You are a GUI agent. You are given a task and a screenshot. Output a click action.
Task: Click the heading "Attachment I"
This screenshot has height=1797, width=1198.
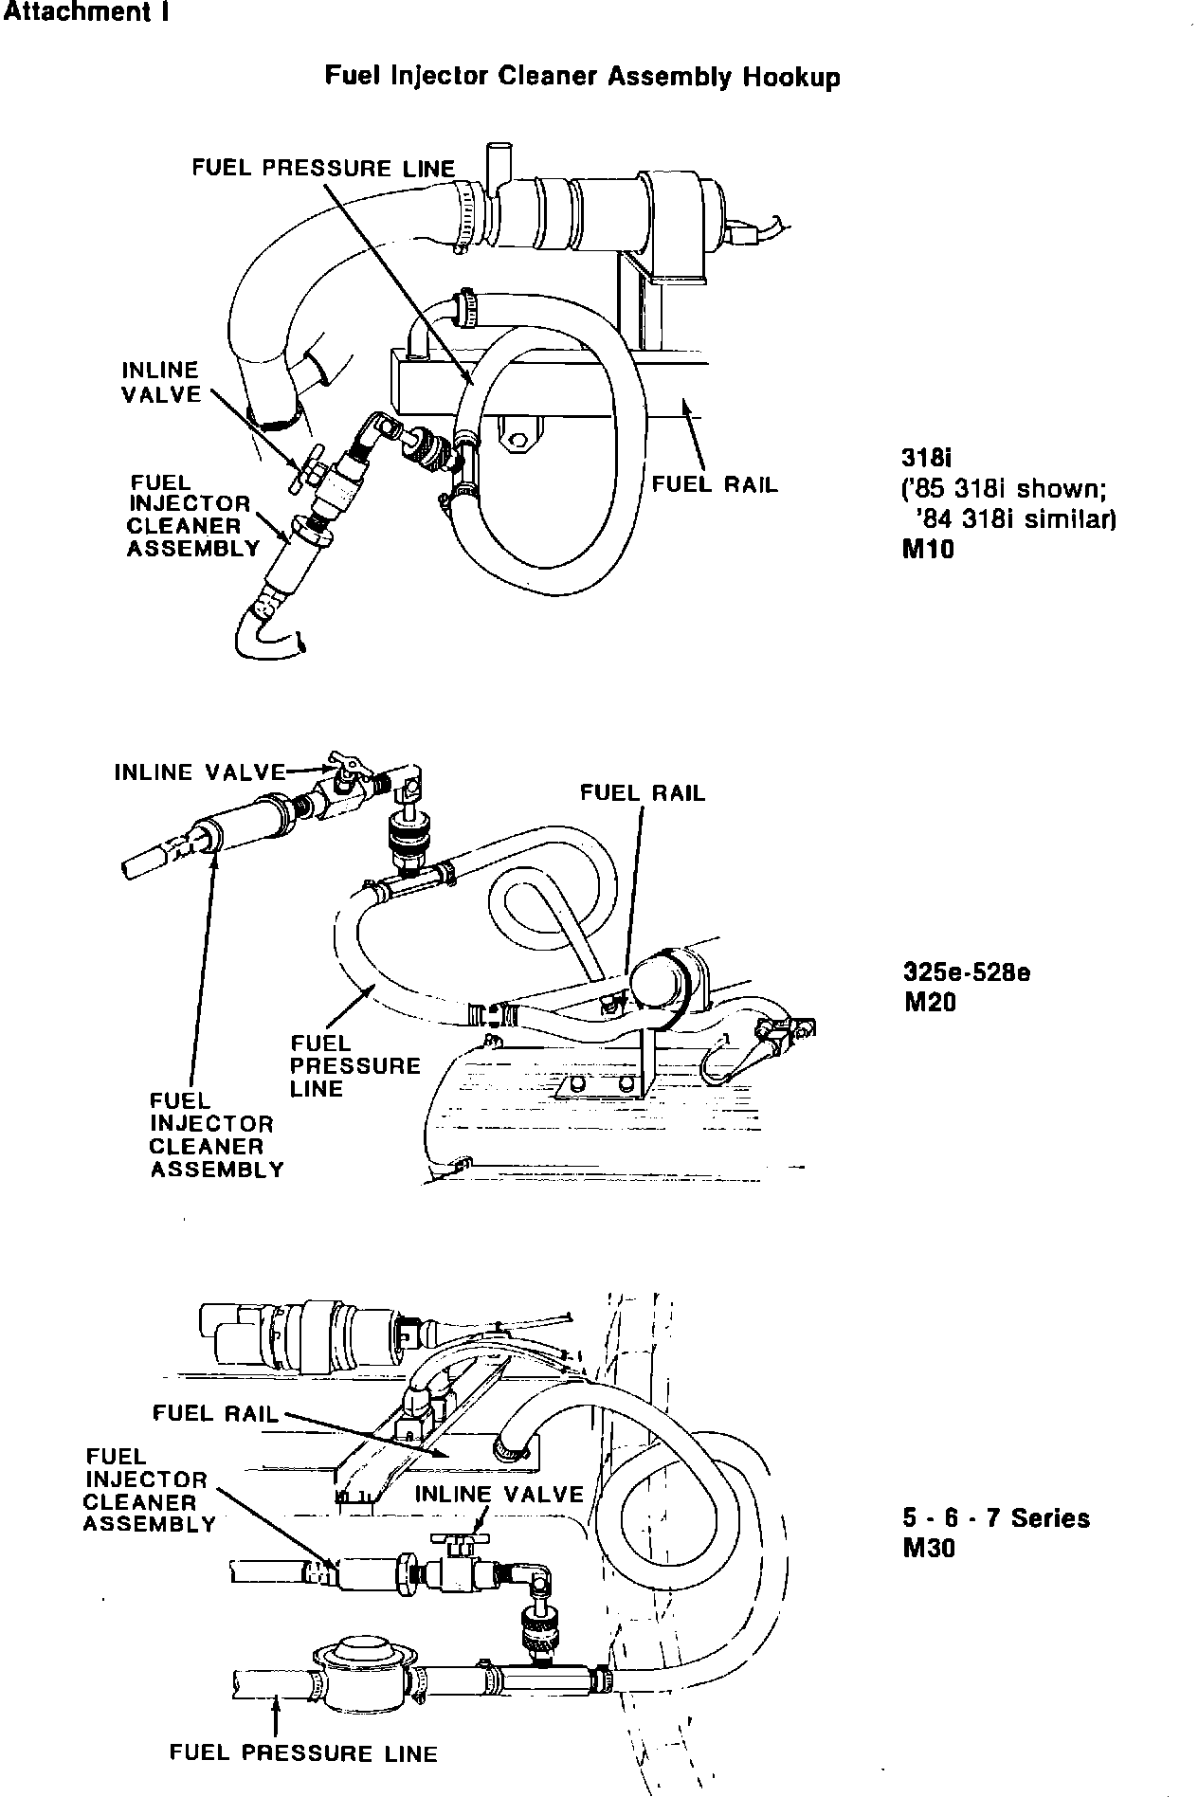pyautogui.click(x=85, y=14)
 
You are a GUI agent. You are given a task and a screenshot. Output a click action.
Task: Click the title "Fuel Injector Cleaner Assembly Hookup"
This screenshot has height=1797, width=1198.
pyautogui.click(x=582, y=76)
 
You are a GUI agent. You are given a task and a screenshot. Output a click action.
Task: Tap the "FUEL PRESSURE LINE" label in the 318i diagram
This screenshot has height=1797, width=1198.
pyautogui.click(x=323, y=168)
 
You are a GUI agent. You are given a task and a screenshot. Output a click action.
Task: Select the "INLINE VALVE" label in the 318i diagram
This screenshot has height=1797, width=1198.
pyautogui.click(x=161, y=383)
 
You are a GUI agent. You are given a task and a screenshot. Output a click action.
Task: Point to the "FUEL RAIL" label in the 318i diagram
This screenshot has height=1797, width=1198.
pyautogui.click(x=715, y=484)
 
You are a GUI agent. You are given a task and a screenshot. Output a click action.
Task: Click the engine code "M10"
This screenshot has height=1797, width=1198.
pyautogui.click(x=929, y=549)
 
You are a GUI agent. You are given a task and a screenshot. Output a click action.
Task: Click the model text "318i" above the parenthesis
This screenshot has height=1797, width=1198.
pyautogui.click(x=925, y=458)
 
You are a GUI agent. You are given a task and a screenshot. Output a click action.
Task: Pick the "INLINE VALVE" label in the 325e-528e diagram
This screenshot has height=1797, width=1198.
pyautogui.click(x=200, y=771)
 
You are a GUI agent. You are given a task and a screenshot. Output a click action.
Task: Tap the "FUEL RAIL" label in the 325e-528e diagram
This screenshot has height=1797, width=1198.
pyautogui.click(x=643, y=792)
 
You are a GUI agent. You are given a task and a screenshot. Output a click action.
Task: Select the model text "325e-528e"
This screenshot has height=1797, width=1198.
pyautogui.click(x=968, y=972)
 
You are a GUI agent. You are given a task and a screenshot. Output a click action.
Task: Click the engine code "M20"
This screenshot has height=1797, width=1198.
pyautogui.click(x=931, y=1002)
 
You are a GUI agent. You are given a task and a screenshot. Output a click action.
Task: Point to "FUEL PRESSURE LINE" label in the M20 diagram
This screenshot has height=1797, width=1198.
pyautogui.click(x=354, y=1065)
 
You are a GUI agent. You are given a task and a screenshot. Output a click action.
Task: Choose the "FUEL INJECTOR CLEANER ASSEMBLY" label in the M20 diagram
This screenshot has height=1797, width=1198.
pyautogui.click(x=216, y=1134)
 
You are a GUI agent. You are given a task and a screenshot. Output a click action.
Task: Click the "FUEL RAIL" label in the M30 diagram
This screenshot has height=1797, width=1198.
pyautogui.click(x=216, y=1413)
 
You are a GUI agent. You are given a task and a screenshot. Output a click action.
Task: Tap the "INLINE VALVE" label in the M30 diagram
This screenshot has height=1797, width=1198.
pyautogui.click(x=499, y=1495)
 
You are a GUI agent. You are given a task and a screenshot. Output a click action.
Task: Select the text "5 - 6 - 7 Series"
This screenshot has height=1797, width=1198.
pyautogui.click(x=996, y=1517)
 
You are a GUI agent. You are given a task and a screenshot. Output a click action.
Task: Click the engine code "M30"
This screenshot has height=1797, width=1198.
pyautogui.click(x=930, y=1548)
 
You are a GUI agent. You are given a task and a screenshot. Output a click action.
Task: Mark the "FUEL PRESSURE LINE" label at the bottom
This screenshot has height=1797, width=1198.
pyautogui.click(x=303, y=1752)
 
